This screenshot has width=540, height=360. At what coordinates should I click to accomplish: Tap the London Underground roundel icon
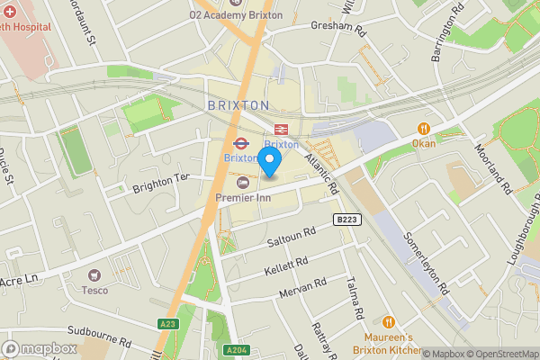point(240,142)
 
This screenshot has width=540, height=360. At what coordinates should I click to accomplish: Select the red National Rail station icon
point(281,129)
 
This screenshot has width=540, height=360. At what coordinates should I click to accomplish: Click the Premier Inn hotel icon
point(241,183)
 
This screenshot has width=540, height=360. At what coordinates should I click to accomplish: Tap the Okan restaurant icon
point(422,128)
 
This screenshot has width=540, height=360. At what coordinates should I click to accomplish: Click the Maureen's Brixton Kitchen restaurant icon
point(389,321)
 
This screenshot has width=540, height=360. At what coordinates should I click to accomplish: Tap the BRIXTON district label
point(238,105)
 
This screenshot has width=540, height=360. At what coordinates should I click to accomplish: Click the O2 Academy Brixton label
point(235,15)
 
